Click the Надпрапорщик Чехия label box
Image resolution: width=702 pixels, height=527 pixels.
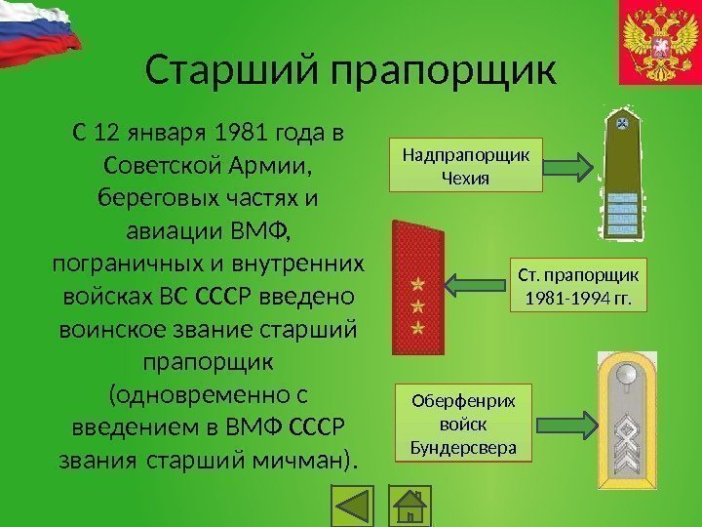coord(465,164)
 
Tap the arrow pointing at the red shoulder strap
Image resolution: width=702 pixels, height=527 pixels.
coord(477,284)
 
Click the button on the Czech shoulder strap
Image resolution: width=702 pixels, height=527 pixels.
coord(621,124)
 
